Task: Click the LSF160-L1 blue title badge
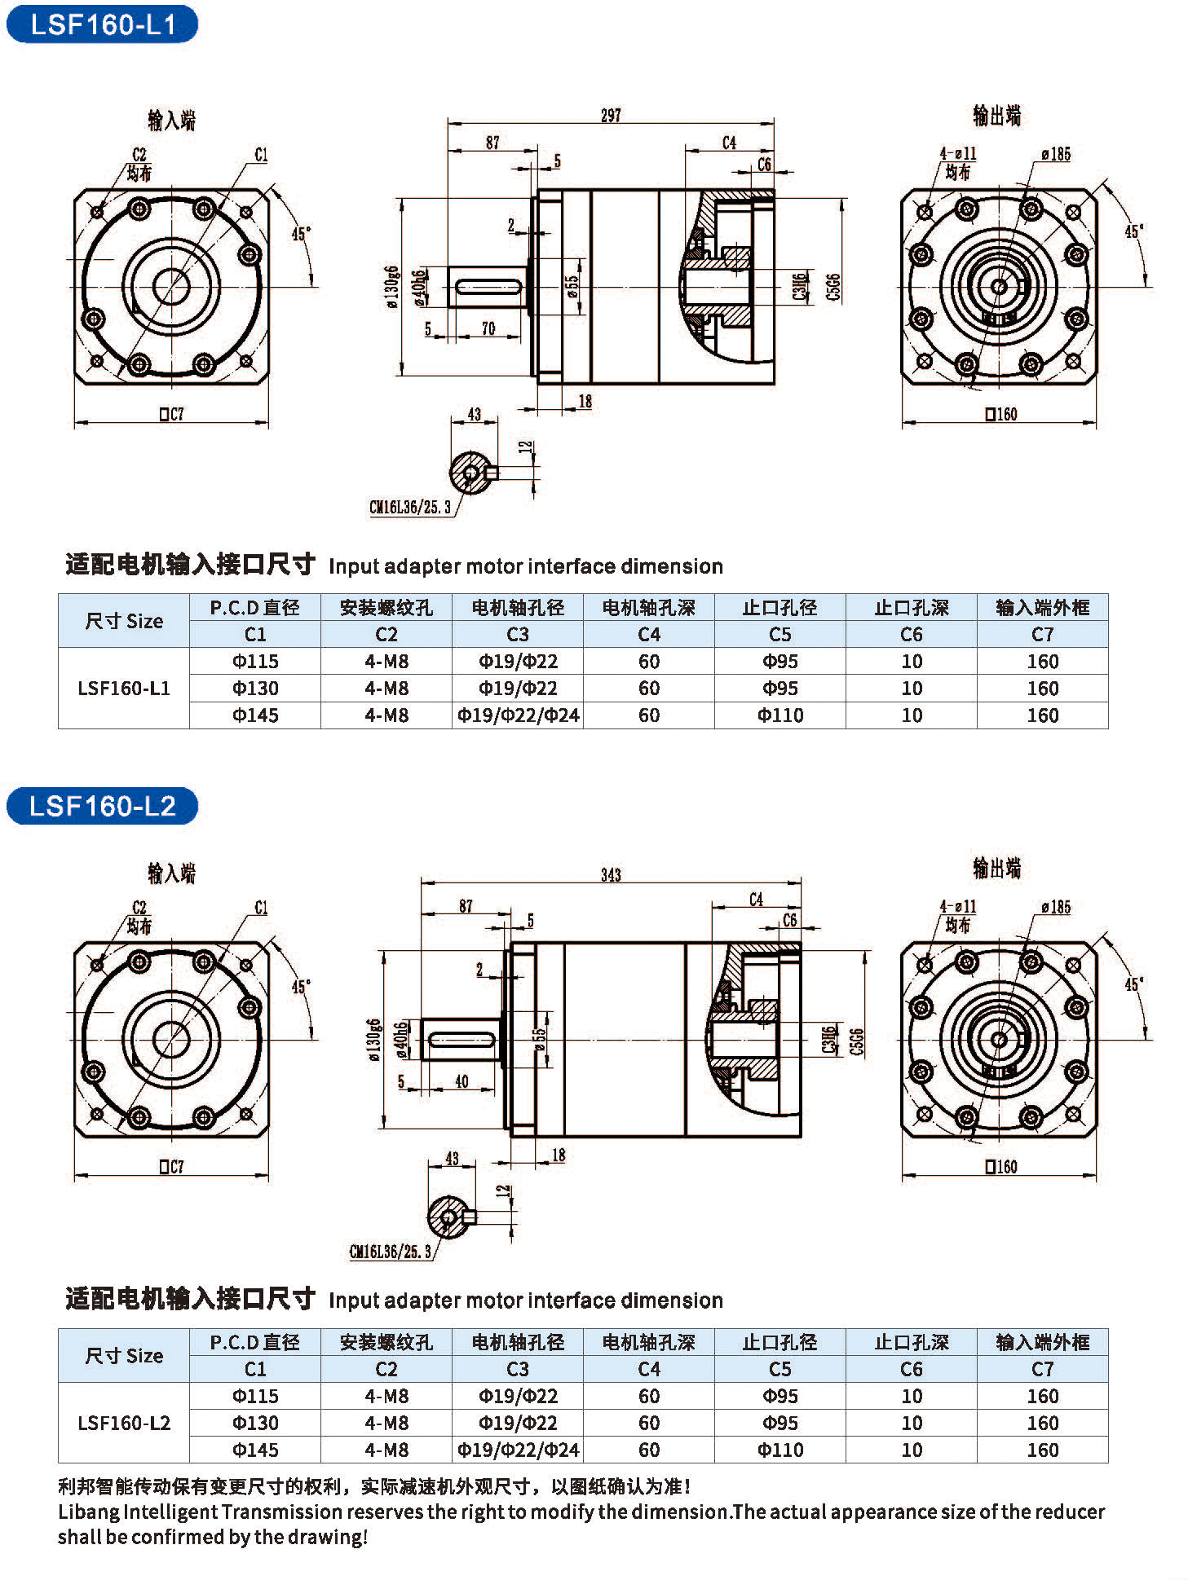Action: click(x=102, y=24)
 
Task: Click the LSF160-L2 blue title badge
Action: click(x=102, y=806)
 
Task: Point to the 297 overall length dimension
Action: click(x=611, y=116)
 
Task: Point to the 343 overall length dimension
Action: click(x=611, y=875)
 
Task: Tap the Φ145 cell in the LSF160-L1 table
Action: click(x=255, y=715)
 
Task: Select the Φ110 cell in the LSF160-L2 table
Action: click(x=780, y=1450)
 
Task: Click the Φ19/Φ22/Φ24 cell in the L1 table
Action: click(x=518, y=715)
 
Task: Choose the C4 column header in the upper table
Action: click(x=649, y=634)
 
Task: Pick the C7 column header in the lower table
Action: click(x=1042, y=1369)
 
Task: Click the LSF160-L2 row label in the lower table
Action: click(x=124, y=1423)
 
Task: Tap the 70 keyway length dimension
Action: click(x=488, y=328)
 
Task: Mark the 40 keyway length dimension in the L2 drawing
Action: click(x=462, y=1081)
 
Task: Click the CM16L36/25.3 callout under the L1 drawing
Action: click(x=409, y=508)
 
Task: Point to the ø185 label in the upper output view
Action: click(x=1055, y=154)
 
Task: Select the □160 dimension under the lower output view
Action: click(x=1000, y=1167)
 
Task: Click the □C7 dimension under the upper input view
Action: click(x=171, y=414)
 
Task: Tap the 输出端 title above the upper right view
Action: click(x=996, y=116)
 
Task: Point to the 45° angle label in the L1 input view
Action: click(x=301, y=234)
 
